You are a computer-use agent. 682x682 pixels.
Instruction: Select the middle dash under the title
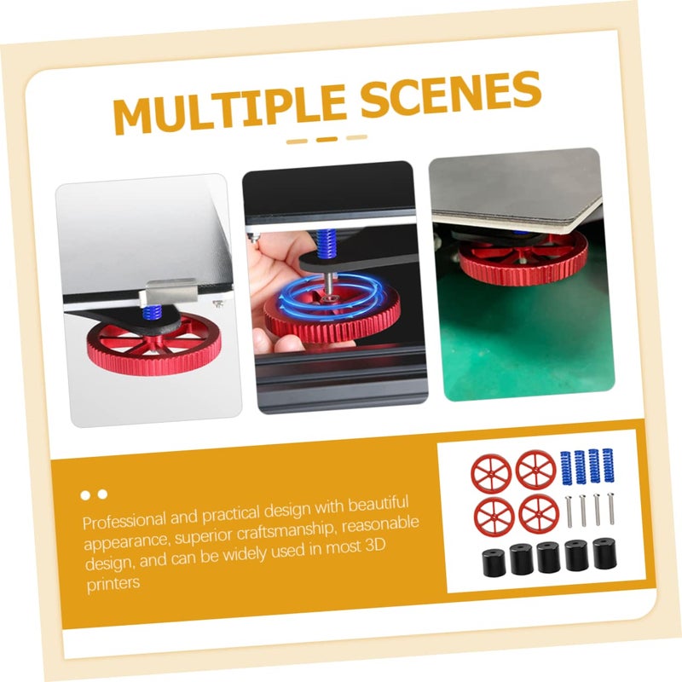click(x=327, y=139)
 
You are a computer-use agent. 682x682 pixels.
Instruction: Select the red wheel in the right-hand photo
click(x=523, y=255)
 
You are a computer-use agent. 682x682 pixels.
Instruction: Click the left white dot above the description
click(x=86, y=494)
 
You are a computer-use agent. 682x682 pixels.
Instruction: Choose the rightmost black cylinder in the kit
click(x=604, y=554)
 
